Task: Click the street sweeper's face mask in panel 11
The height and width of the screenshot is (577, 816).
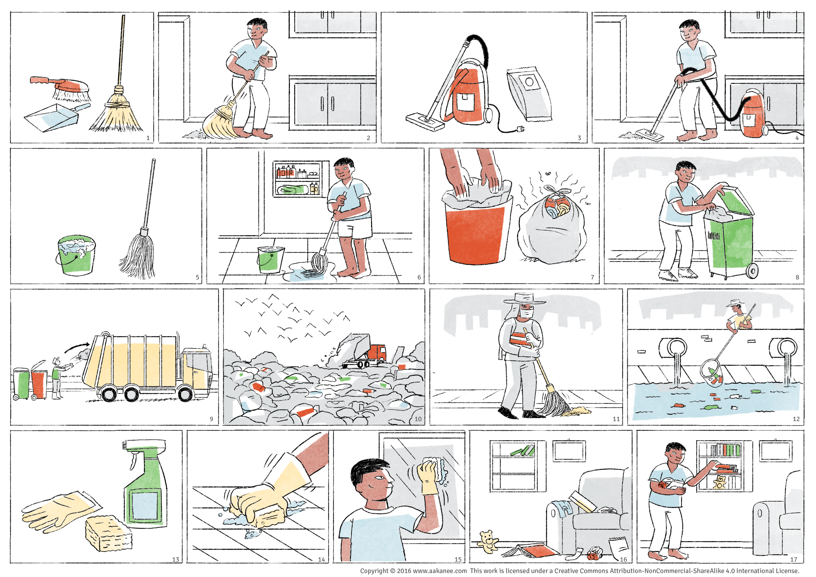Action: [526, 313]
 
